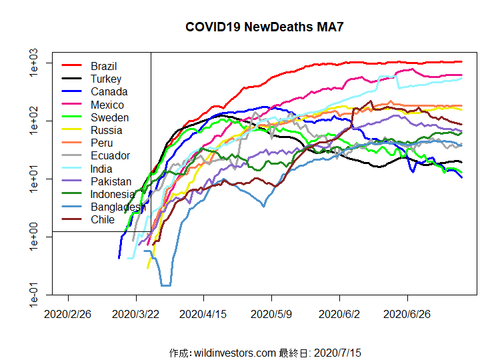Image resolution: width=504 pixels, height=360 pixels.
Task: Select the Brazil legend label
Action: pyautogui.click(x=104, y=66)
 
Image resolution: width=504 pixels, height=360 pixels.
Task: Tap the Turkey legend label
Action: pyautogui.click(x=106, y=79)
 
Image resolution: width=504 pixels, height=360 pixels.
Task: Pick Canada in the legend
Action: pyautogui.click(x=109, y=91)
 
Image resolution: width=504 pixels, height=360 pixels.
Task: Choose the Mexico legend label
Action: pyautogui.click(x=107, y=105)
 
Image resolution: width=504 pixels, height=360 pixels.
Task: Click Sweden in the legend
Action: pyautogui.click(x=110, y=117)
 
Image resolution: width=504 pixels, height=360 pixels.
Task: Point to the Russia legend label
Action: pyautogui.click(x=107, y=130)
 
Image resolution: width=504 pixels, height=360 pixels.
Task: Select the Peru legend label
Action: pyautogui.click(x=102, y=143)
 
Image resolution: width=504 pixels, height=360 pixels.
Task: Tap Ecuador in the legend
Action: pyautogui.click(x=111, y=155)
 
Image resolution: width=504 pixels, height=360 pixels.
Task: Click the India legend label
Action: pyautogui.click(x=102, y=169)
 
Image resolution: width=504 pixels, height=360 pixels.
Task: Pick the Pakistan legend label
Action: pyautogui.click(x=111, y=181)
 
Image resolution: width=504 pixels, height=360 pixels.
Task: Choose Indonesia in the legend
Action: pyautogui.click(x=113, y=194)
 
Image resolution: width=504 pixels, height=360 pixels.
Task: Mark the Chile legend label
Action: pyautogui.click(x=103, y=219)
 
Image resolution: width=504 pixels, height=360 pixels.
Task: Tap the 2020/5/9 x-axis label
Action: pyautogui.click(x=272, y=313)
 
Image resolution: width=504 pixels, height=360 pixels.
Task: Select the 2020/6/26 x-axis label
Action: pyautogui.click(x=408, y=313)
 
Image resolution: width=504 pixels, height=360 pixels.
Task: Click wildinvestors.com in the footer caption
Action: pyautogui.click(x=234, y=352)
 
